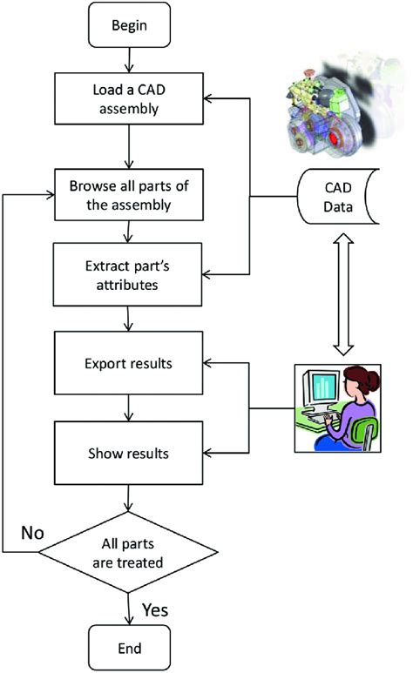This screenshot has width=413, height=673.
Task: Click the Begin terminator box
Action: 129,25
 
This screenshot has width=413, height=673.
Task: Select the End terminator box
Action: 129,649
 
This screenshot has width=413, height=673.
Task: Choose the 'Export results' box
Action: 129,361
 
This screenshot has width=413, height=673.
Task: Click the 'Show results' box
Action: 129,454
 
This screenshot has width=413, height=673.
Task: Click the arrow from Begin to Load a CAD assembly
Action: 129,60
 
